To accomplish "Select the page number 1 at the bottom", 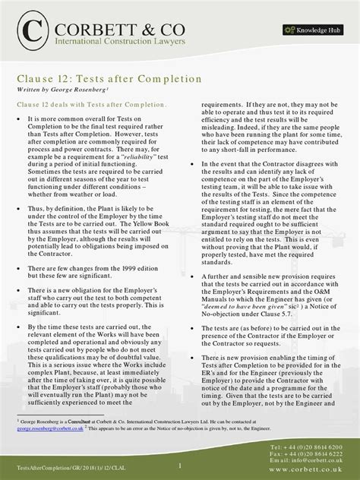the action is pyautogui.click(x=180, y=464).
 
